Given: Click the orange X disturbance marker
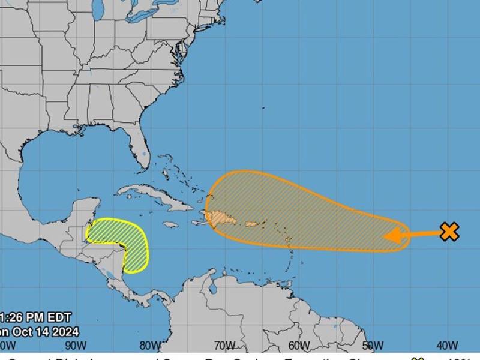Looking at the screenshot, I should (x=449, y=232).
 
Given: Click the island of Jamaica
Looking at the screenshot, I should (x=170, y=225).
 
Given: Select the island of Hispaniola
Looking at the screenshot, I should (x=223, y=217).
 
